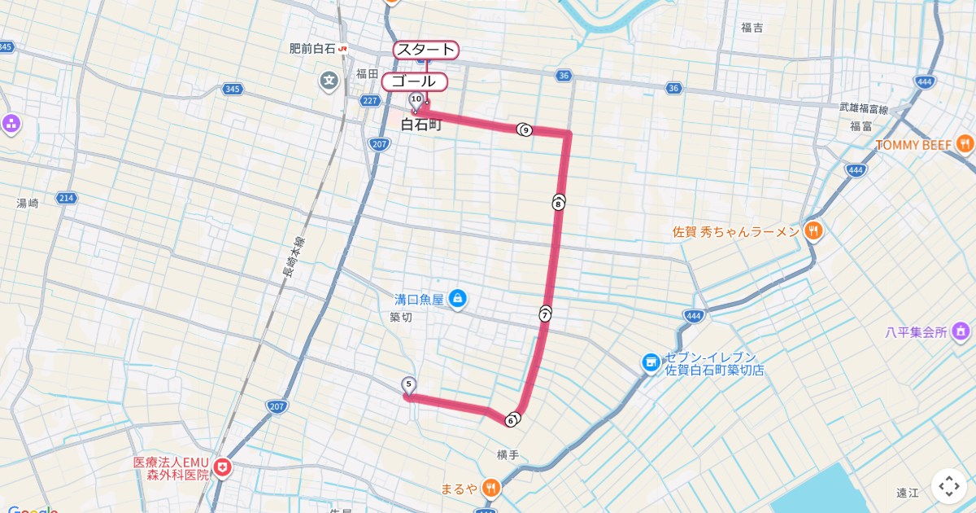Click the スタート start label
(x=425, y=50)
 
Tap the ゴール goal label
(x=414, y=81)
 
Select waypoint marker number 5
(x=408, y=384)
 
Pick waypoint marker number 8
(x=558, y=204)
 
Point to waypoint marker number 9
(x=525, y=129)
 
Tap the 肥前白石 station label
(x=312, y=49)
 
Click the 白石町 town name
(x=420, y=125)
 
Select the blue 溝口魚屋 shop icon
(x=458, y=299)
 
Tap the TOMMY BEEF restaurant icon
(x=965, y=144)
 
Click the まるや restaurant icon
(x=491, y=489)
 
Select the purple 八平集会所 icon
(x=961, y=331)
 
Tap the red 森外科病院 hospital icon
(x=222, y=467)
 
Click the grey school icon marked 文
(x=329, y=81)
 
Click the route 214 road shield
(x=67, y=198)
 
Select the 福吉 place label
(x=752, y=28)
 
